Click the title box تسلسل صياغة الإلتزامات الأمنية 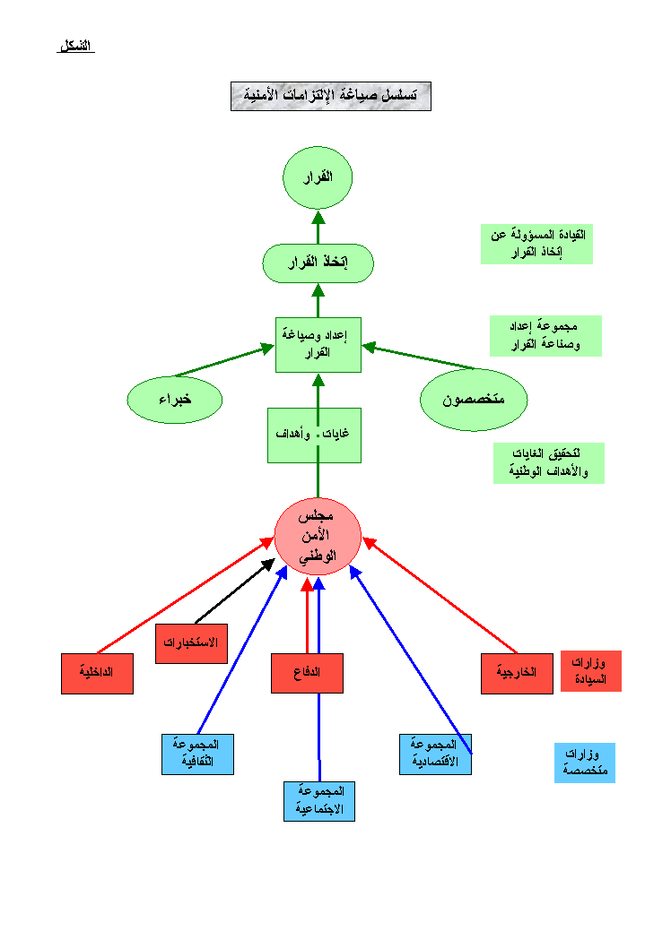[330, 96]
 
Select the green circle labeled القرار [318, 177]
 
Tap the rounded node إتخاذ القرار [318, 263]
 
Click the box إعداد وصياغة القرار [318, 344]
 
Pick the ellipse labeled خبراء [175, 399]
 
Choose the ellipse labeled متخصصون [473, 400]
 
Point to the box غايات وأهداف [314, 435]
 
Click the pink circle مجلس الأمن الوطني [318, 537]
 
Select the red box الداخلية [97, 674]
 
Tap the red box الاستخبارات [191, 643]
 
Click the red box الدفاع [307, 673]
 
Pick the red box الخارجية [516, 674]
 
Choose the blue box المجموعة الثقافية [197, 754]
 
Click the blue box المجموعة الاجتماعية [319, 801]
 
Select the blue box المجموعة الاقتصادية [435, 754]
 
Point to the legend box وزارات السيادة [590, 671]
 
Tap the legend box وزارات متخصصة [584, 763]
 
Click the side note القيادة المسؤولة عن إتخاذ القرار [536, 244]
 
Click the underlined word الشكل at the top [76, 46]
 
